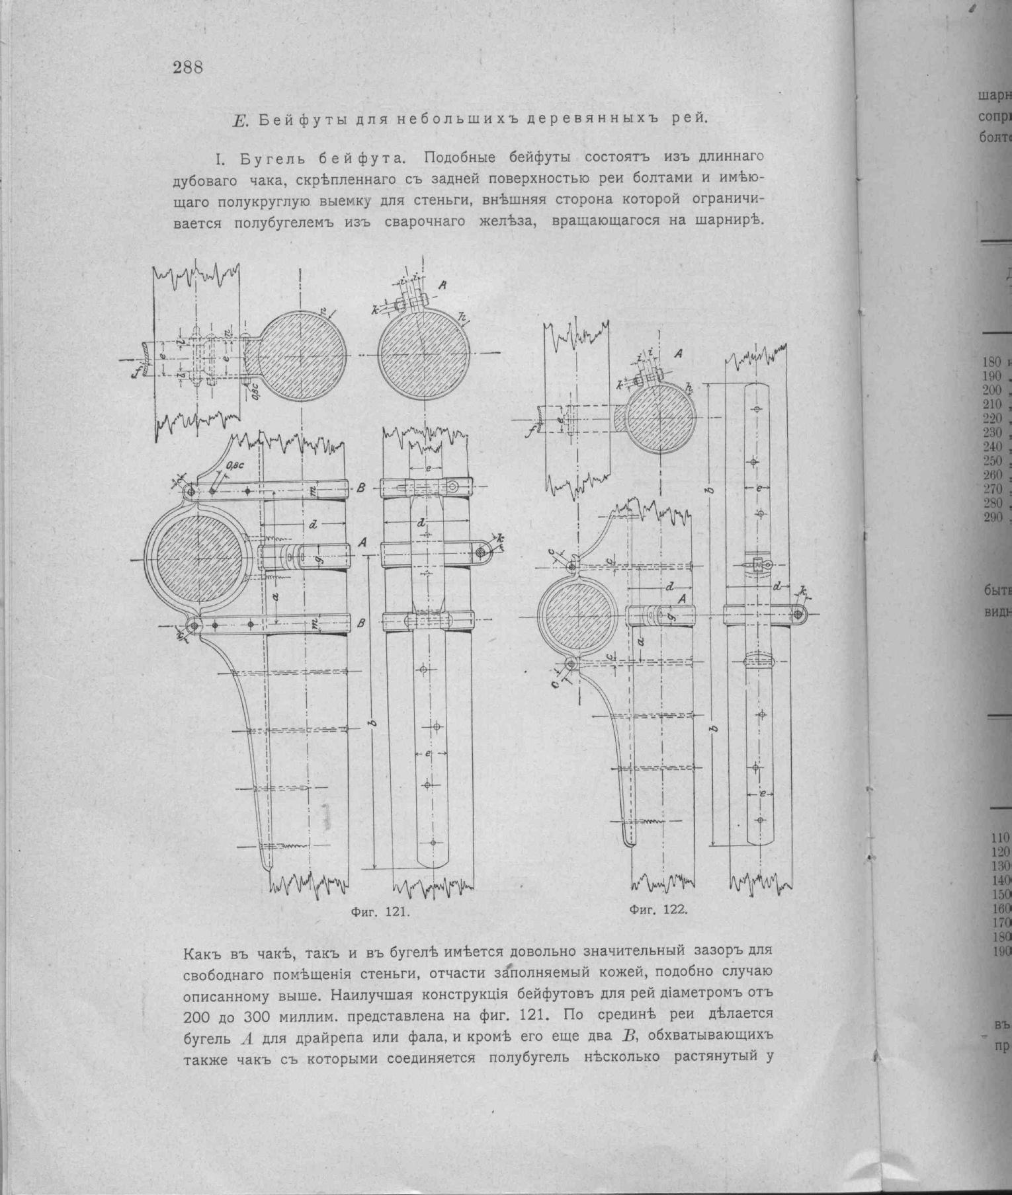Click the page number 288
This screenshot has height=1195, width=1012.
(x=187, y=67)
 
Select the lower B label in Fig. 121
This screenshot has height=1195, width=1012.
(x=360, y=623)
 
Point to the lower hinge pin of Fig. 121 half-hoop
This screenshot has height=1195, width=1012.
(x=192, y=624)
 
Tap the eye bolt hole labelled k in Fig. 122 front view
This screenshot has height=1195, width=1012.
(x=798, y=614)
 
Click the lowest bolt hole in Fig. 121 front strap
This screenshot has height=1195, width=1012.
(x=433, y=843)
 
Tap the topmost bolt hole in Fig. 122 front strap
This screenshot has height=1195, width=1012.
(x=757, y=410)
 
